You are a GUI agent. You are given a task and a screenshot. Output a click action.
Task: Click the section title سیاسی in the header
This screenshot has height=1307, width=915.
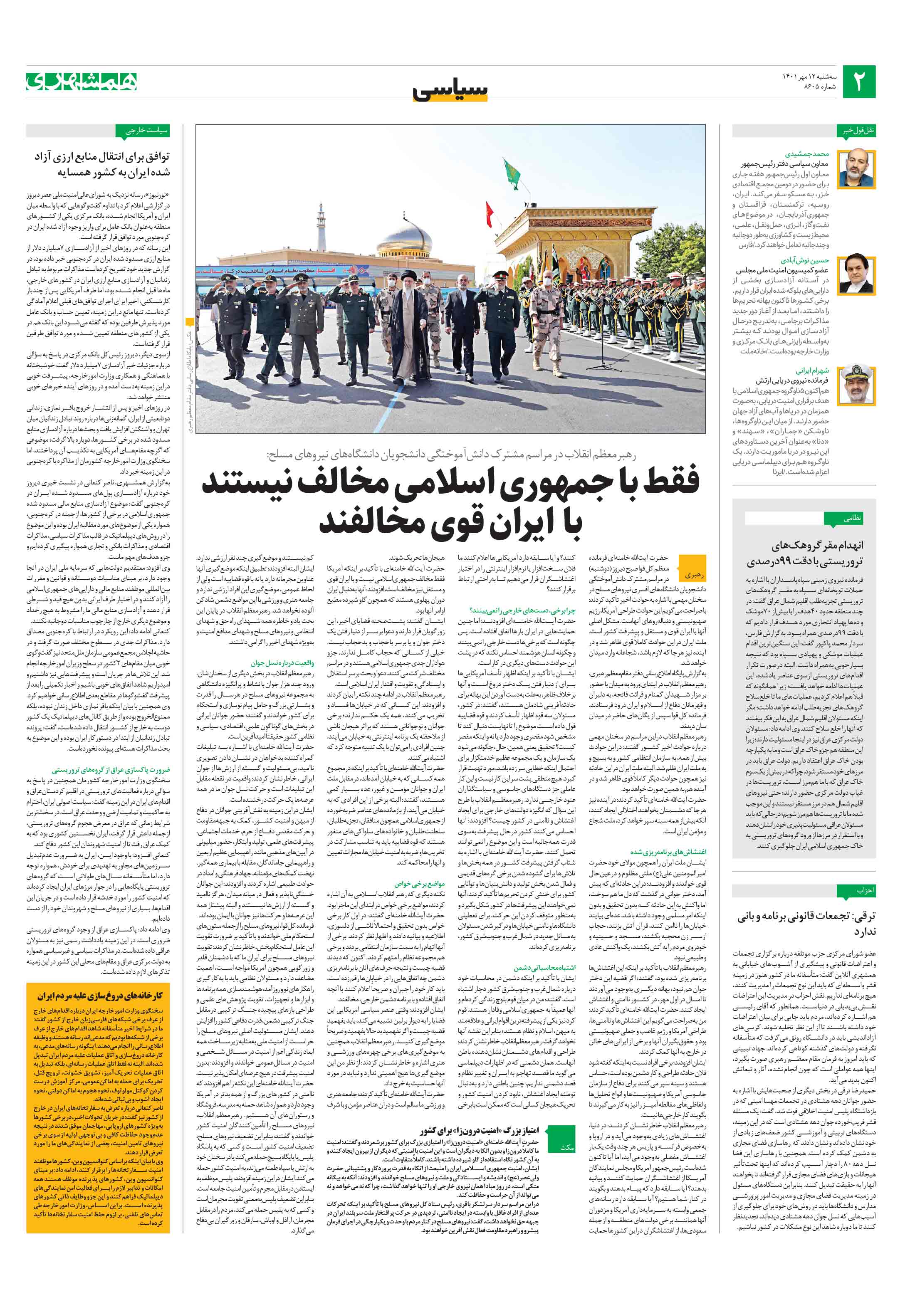click(x=450, y=91)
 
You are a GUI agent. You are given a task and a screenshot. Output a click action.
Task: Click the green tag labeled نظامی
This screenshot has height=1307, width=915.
click(x=852, y=518)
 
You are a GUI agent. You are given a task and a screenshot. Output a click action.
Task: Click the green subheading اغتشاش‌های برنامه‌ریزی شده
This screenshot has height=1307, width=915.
click(x=668, y=852)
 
